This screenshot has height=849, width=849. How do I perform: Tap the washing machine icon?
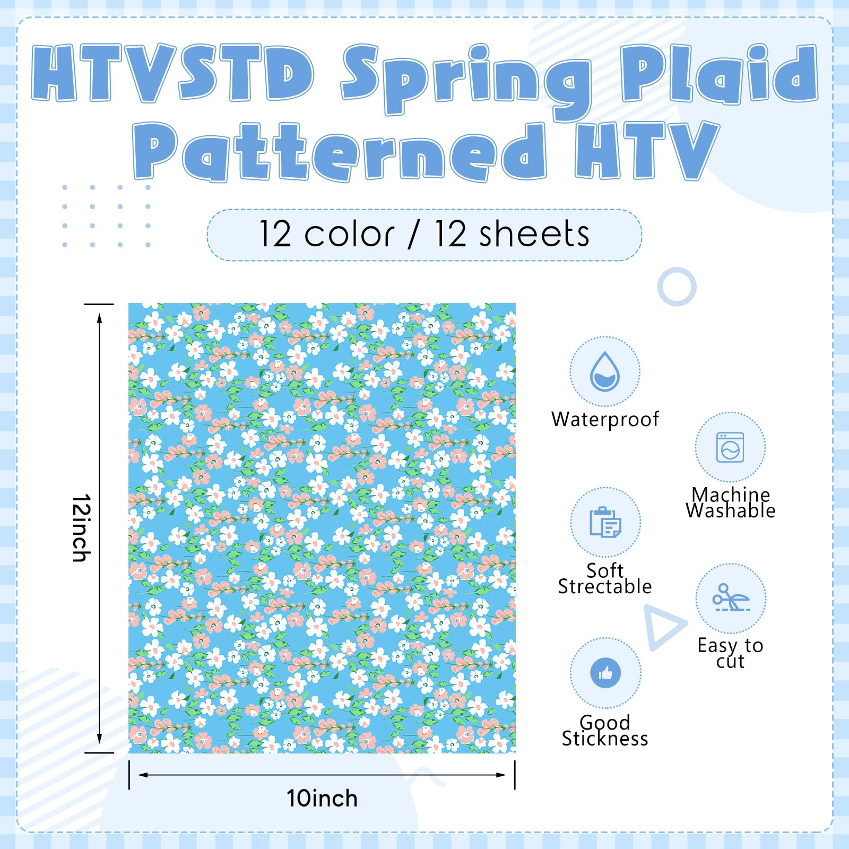click(x=730, y=447)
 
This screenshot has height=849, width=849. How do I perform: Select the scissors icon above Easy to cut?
click(x=731, y=598)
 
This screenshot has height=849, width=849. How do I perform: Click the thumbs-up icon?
click(x=605, y=673)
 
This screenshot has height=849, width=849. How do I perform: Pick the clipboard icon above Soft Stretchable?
click(x=605, y=523)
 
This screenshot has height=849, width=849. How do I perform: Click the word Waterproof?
click(x=605, y=419)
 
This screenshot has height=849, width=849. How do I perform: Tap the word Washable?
click(x=731, y=510)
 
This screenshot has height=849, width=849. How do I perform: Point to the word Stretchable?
click(x=605, y=586)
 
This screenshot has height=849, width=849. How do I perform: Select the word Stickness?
click(x=605, y=739)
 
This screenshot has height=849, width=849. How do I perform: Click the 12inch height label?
click(x=82, y=528)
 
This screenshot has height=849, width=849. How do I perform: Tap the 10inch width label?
click(x=322, y=798)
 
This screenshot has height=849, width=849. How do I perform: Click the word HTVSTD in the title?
click(x=173, y=73)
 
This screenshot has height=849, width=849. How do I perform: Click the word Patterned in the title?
click(x=339, y=152)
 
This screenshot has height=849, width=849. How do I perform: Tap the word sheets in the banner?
click(x=534, y=234)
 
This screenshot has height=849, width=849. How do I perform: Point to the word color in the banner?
click(x=349, y=235)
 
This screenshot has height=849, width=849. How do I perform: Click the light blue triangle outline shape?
click(x=664, y=627)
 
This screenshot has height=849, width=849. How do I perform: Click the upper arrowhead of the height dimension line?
click(x=99, y=317)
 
